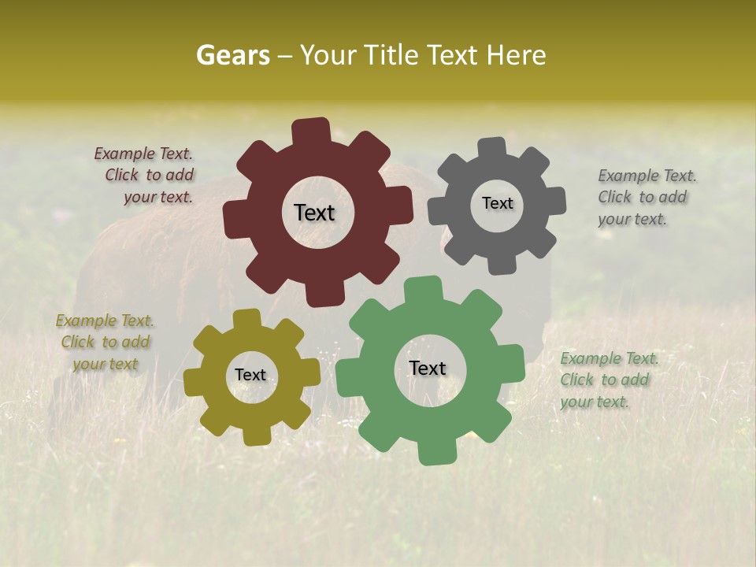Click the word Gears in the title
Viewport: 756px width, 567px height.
[232, 55]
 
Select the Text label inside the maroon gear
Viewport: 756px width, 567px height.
[314, 213]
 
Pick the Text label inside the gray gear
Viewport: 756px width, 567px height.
[497, 203]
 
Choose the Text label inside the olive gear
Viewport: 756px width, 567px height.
[250, 375]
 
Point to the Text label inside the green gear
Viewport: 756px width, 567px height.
[428, 368]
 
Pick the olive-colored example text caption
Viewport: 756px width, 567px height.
[106, 342]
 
